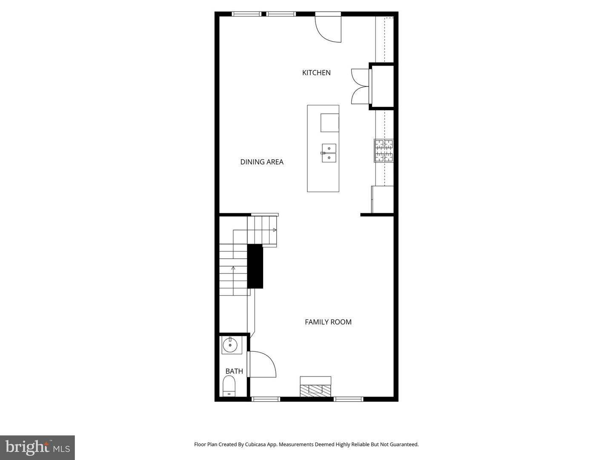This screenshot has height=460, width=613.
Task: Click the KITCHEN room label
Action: (x=316, y=73)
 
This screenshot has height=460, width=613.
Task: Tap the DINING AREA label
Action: (x=262, y=162)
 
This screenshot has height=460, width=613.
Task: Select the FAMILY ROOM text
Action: (x=328, y=322)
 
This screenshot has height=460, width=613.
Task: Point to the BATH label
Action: (x=234, y=371)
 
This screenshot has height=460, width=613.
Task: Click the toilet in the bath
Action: (x=229, y=386)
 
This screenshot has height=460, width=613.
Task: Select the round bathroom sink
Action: (x=230, y=345)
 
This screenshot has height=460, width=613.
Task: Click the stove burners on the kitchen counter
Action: (x=384, y=151)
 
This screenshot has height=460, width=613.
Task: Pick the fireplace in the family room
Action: (x=315, y=387)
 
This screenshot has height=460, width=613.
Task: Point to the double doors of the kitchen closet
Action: (x=360, y=86)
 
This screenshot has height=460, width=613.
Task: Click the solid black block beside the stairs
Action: (x=255, y=266)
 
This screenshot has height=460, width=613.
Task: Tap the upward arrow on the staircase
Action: (x=233, y=268)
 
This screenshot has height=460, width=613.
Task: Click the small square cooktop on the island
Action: (x=329, y=123)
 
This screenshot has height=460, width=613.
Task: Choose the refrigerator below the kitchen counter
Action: (x=382, y=199)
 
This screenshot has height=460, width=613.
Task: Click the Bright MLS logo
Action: (x=37, y=447)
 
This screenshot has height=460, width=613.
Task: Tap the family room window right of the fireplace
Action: (x=348, y=399)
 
